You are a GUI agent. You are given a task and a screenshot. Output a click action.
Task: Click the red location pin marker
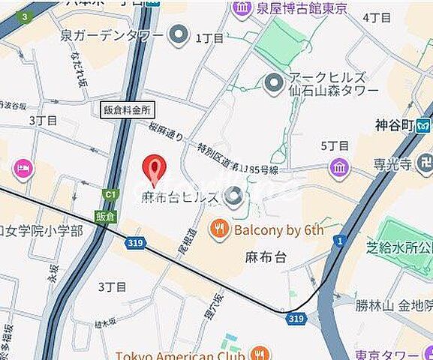[x=154, y=169]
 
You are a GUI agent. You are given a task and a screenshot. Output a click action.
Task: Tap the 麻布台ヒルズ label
[x=180, y=198]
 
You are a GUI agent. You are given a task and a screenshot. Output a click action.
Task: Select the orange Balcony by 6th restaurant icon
[x=219, y=229]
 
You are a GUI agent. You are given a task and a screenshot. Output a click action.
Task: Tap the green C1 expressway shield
[x=111, y=196]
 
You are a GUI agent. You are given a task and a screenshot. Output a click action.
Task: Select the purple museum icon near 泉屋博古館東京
[x=242, y=9]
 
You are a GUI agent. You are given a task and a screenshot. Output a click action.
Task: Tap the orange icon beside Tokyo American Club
[x=260, y=353]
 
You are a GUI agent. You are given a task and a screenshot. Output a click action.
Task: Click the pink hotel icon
[x=23, y=169]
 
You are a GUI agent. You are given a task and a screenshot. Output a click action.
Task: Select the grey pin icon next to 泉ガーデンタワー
[x=179, y=34]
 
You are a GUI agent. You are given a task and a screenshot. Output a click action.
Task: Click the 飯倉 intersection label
[x=105, y=216]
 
